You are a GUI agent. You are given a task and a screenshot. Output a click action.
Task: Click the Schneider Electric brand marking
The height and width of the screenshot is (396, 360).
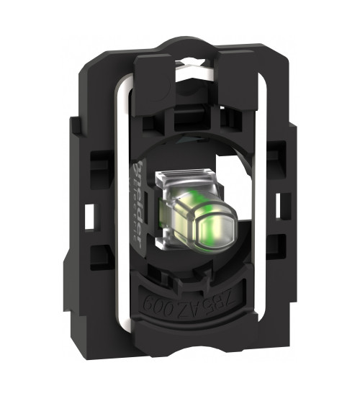(x=140, y=209)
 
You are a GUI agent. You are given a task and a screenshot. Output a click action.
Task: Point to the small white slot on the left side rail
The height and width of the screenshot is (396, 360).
(x=90, y=214)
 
